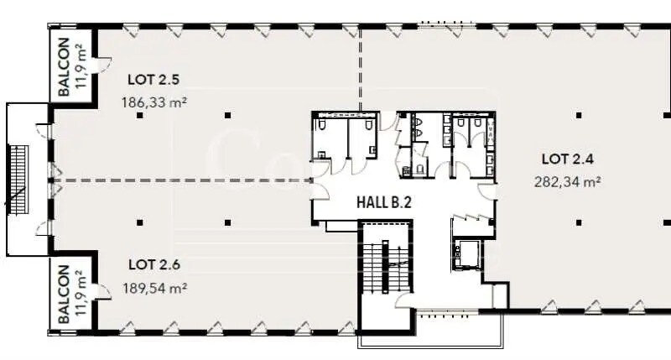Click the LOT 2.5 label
click(155, 81)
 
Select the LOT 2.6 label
click(155, 265)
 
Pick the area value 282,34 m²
click(569, 180)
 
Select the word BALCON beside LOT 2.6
click(64, 293)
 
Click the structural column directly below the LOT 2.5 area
click(139, 115)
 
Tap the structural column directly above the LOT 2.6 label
click(139, 222)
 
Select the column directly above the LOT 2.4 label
click(578, 115)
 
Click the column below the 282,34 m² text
click(578, 222)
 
